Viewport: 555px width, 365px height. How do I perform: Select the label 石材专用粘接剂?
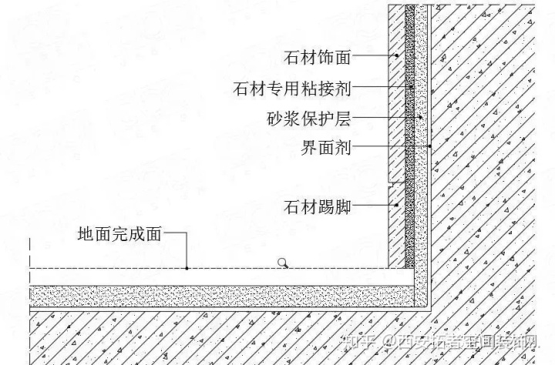coord(292,89)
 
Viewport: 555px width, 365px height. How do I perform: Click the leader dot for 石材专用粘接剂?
coord(410,89)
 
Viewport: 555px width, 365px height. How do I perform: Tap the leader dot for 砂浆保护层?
coord(420,118)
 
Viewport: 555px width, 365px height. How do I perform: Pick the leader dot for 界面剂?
coord(429,146)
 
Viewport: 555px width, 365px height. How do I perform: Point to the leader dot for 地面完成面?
coord(187,267)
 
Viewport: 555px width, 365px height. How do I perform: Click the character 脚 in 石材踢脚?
coord(343,206)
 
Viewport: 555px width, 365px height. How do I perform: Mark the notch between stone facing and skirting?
coord(392,184)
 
